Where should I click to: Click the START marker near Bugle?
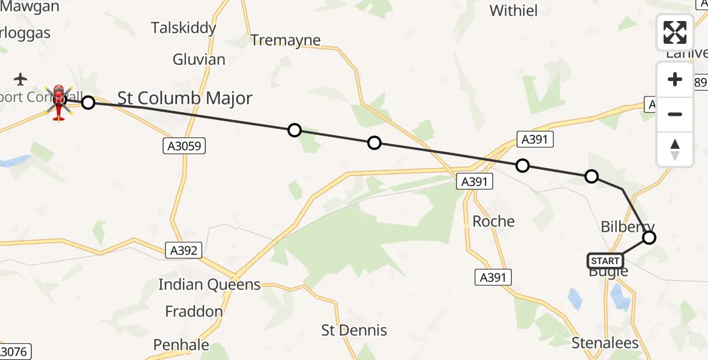pos(605,261)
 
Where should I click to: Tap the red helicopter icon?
pos(59,102)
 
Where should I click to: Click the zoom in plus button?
pos(675,80)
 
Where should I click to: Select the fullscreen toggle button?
pos(675,32)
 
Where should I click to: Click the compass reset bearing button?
pos(675,149)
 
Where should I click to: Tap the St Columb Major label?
pos(185,98)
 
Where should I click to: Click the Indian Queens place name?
pos(209,285)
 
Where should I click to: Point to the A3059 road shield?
pos(184,145)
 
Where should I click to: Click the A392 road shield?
pos(184,251)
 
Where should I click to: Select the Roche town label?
pos(494,221)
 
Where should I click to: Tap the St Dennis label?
pos(354,330)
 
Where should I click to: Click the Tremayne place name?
pos(286,40)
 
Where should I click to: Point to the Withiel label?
pos(514,10)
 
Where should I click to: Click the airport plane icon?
pos(20,79)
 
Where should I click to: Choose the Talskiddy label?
pos(183,28)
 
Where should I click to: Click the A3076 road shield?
pos(14,352)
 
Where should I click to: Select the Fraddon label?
pos(194,311)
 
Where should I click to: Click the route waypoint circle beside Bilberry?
pos(649,238)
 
